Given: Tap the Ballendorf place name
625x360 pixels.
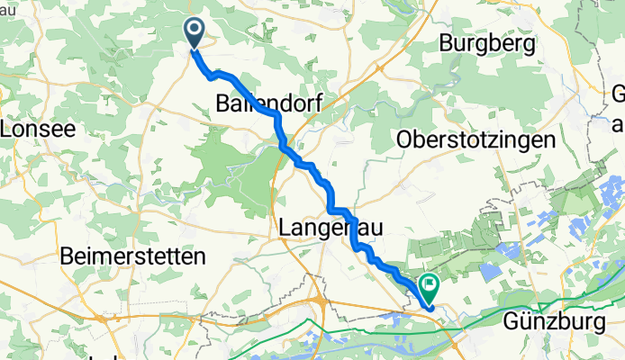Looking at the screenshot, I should click(x=268, y=103).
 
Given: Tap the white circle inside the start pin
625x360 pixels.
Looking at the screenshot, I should click(x=195, y=31).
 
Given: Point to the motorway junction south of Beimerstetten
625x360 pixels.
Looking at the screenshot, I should click(x=106, y=317).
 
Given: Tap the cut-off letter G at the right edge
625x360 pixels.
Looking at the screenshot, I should click(x=619, y=93).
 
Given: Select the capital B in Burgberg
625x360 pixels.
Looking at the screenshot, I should click(x=445, y=42).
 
